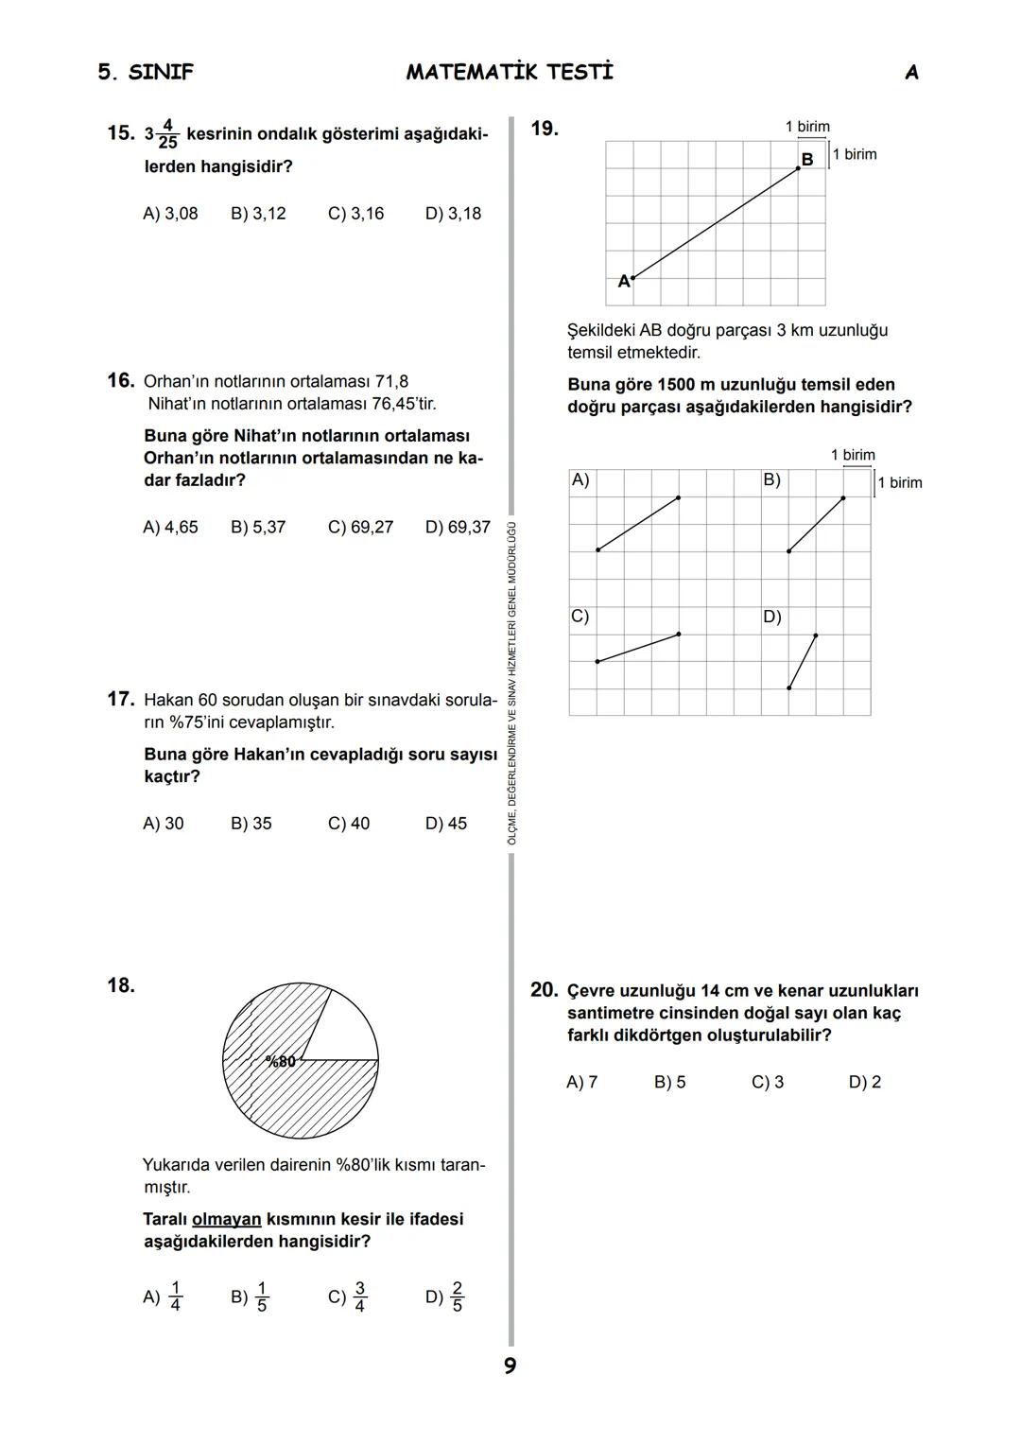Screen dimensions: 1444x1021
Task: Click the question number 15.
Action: click(x=120, y=133)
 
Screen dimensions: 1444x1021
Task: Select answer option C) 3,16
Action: click(x=355, y=214)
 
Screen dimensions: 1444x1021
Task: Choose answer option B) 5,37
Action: click(x=257, y=527)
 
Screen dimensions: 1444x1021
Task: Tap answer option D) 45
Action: click(x=445, y=824)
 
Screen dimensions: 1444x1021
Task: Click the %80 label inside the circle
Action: click(x=280, y=1062)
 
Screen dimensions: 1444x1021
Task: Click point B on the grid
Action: click(x=799, y=167)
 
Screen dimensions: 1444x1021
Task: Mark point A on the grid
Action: click(x=632, y=279)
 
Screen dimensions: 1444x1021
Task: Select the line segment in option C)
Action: click(x=638, y=648)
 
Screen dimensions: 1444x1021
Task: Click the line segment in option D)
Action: click(x=803, y=661)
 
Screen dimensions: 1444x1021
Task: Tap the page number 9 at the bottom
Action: click(x=510, y=1366)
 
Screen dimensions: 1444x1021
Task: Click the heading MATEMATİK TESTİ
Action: click(x=510, y=72)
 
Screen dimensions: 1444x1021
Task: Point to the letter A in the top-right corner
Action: click(x=911, y=73)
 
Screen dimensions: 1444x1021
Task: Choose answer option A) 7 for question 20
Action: click(x=581, y=1082)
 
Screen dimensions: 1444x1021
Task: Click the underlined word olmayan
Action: click(x=226, y=1219)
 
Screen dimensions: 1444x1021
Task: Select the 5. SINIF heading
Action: click(x=146, y=73)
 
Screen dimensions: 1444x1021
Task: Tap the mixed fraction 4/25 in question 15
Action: click(x=167, y=134)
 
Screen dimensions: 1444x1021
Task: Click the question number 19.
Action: click(x=545, y=129)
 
